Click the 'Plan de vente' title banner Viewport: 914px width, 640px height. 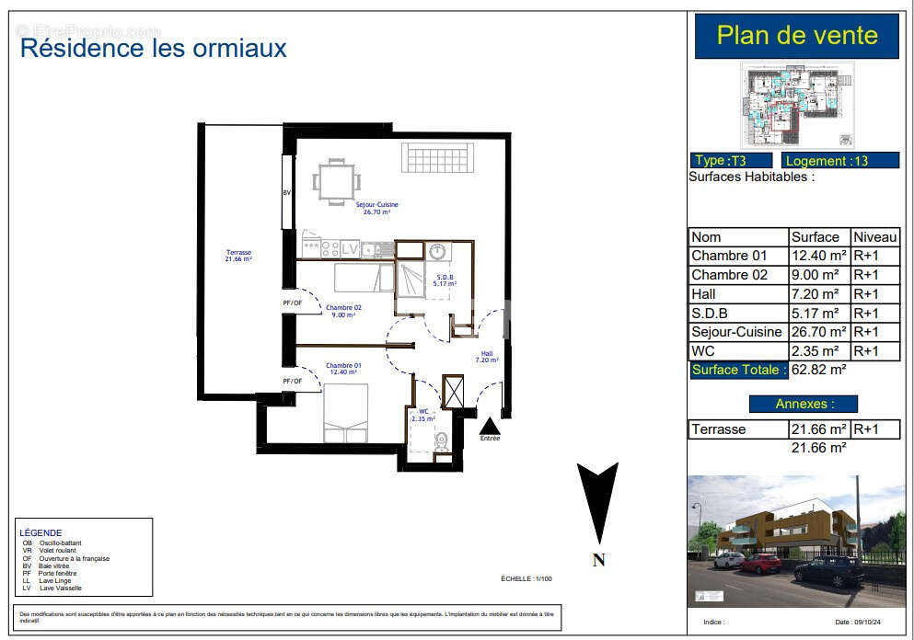(797, 37)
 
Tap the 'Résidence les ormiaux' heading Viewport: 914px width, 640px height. (154, 48)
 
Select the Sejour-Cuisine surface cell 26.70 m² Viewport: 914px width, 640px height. (818, 332)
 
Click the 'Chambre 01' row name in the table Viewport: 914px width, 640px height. (729, 256)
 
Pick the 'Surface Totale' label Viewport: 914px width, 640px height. (739, 370)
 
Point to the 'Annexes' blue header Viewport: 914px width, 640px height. (803, 404)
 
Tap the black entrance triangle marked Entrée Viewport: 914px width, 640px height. (490, 426)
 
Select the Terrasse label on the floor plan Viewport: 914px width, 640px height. (238, 256)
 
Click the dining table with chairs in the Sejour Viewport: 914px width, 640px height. (335, 180)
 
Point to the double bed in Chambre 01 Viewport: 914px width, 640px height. (345, 412)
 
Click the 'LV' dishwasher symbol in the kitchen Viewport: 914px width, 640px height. (350, 248)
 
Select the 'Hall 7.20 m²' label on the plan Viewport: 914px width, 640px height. (487, 356)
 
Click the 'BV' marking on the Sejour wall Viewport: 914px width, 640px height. (286, 193)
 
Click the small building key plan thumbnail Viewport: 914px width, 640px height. (797, 106)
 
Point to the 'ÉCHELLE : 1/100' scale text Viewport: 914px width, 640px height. (526, 579)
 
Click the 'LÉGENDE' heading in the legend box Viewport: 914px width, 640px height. (40, 532)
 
